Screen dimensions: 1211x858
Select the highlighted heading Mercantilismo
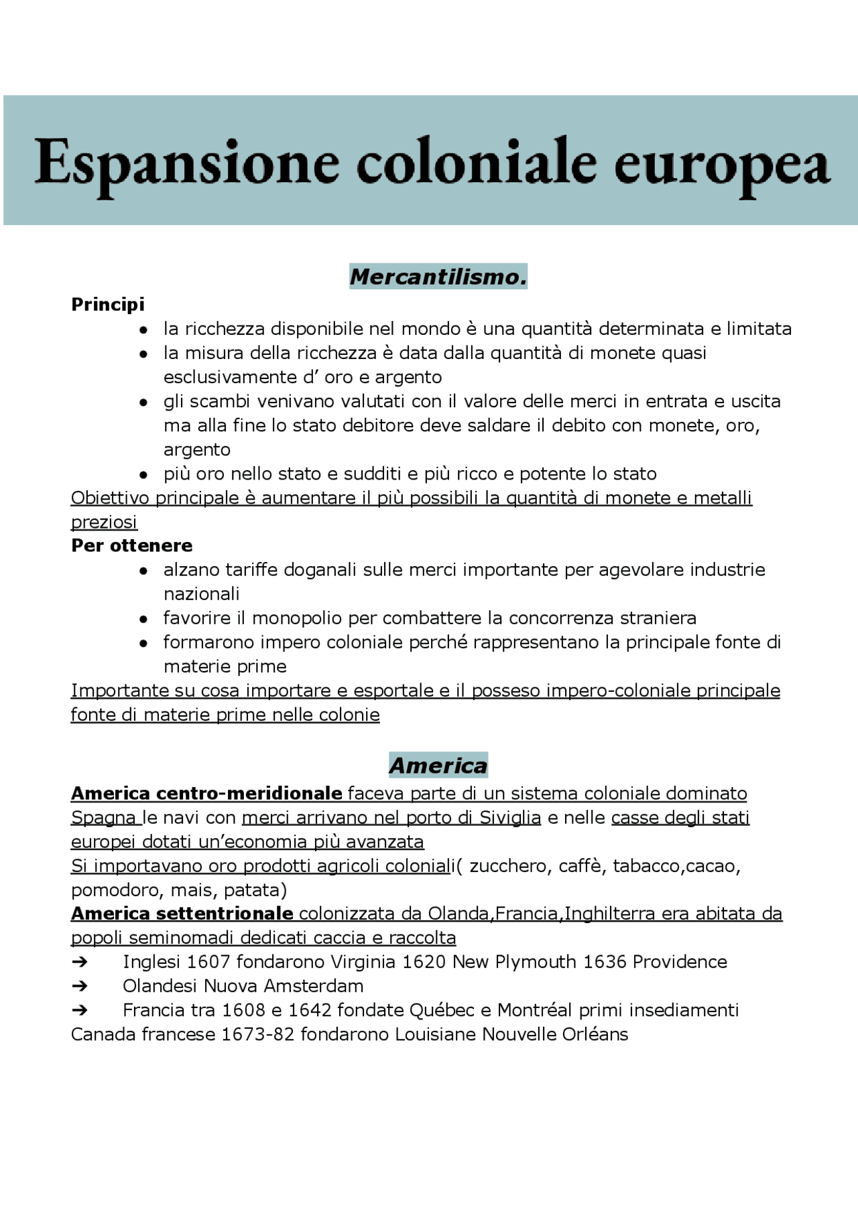(438, 277)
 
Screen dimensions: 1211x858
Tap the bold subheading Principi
(108, 305)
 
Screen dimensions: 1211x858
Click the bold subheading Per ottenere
(132, 546)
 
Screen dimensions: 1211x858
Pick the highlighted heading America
(438, 766)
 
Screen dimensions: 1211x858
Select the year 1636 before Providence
(605, 963)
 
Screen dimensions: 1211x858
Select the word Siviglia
(509, 818)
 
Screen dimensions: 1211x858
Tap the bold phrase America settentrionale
(182, 914)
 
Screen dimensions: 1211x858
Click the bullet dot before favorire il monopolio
(143, 619)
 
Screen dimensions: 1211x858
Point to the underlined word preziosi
(104, 522)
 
